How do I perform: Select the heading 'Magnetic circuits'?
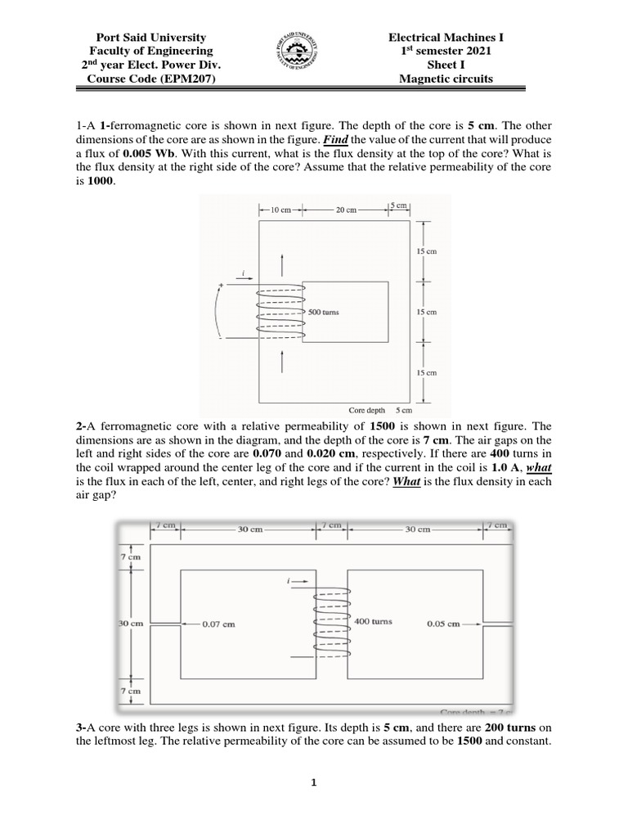(x=446, y=79)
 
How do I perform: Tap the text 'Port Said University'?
(x=151, y=38)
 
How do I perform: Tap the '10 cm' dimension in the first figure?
(x=280, y=209)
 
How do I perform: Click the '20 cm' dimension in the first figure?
(x=347, y=209)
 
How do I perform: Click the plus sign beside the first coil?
(x=220, y=286)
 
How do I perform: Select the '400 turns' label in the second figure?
(x=373, y=621)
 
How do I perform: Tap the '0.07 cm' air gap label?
(x=218, y=624)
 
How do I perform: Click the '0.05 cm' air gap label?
(x=442, y=623)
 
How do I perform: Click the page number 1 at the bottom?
(x=313, y=782)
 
